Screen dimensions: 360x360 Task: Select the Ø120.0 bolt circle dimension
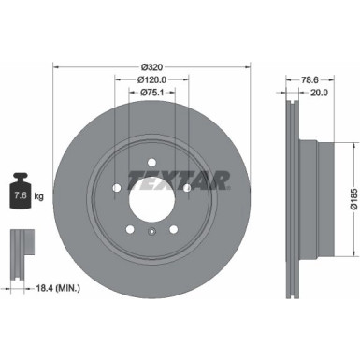point(150,80)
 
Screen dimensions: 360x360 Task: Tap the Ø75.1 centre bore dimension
point(150,94)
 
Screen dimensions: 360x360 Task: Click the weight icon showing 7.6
point(19,194)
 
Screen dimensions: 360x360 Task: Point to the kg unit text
point(38,196)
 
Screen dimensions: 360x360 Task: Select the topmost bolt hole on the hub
point(150,159)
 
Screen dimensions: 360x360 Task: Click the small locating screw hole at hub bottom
point(150,229)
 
